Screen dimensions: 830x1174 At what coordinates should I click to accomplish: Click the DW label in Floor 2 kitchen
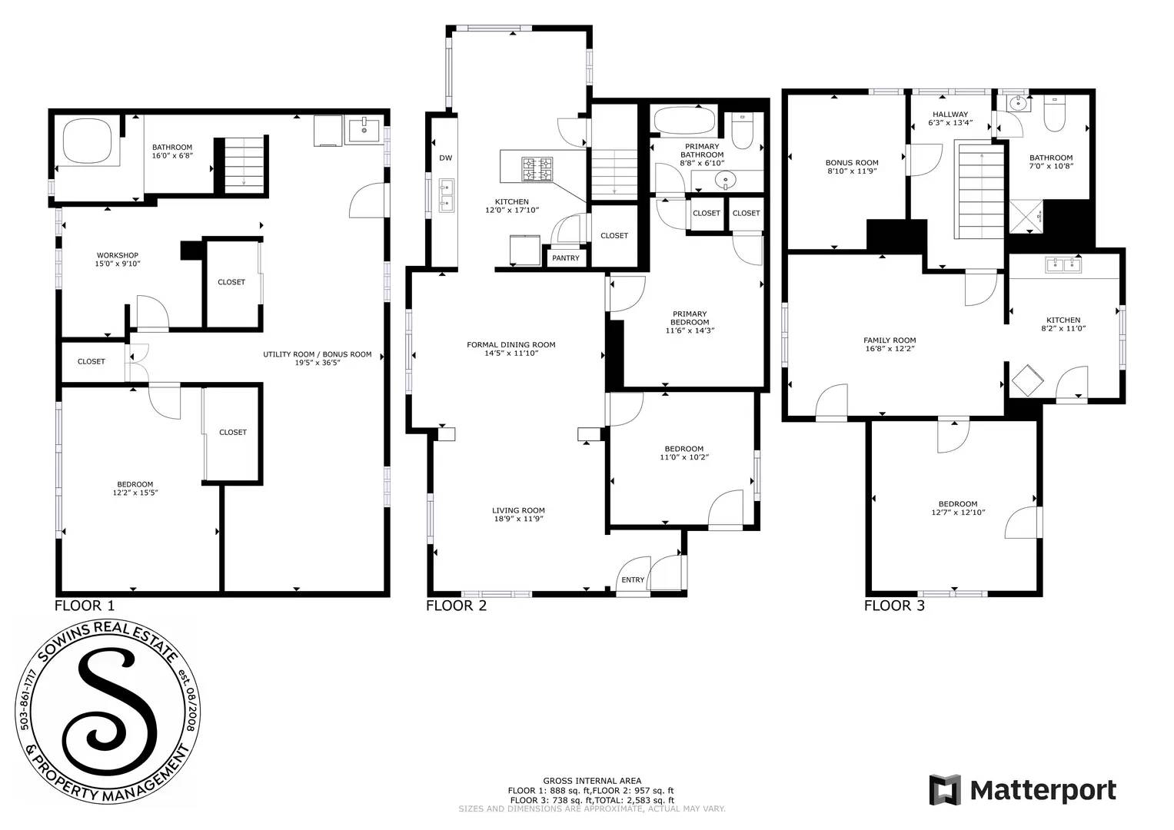tap(445, 158)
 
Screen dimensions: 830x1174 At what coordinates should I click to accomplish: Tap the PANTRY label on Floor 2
tap(565, 258)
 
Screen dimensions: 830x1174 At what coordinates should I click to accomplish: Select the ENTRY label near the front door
tap(633, 580)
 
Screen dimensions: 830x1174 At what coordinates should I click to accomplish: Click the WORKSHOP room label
tap(118, 255)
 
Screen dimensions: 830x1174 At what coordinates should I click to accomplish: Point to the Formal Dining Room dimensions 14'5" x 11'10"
tap(511, 354)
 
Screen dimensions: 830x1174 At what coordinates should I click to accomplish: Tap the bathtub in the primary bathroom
tap(683, 121)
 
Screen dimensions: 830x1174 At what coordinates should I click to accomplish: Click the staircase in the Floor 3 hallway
tap(980, 192)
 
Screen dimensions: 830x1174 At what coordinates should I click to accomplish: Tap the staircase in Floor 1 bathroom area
tap(244, 165)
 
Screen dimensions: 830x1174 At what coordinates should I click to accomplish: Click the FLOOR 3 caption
tap(894, 606)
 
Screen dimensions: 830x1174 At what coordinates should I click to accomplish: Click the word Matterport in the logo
tap(1043, 790)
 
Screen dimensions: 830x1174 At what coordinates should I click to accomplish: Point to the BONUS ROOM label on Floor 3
tap(852, 163)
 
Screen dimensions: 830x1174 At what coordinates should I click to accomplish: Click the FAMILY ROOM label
tap(890, 340)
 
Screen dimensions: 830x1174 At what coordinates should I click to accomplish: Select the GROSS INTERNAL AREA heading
tap(591, 781)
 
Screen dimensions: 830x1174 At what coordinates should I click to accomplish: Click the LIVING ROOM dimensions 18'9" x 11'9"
tap(518, 520)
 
